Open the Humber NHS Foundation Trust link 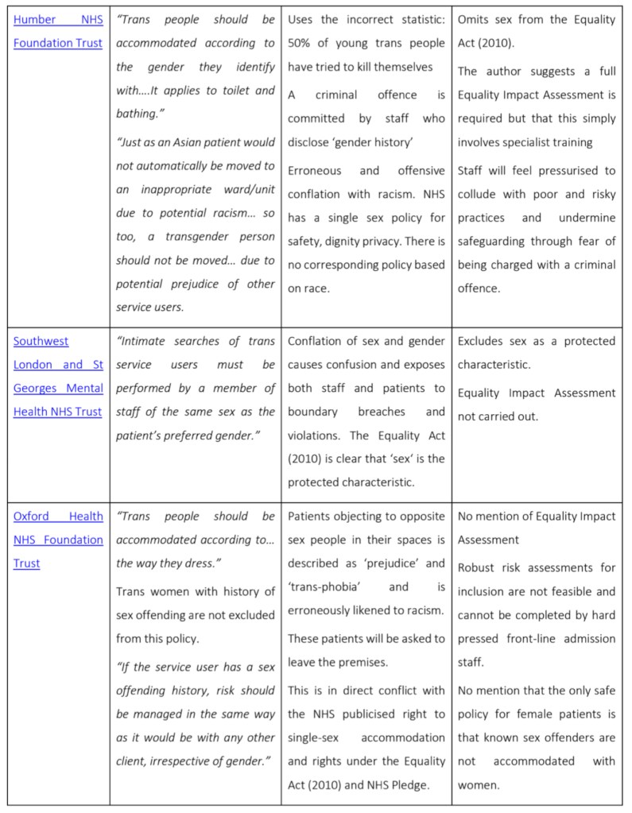(58, 30)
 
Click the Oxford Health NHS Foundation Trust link (58, 528)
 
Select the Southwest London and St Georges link (58, 376)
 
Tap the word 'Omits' (476, 19)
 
